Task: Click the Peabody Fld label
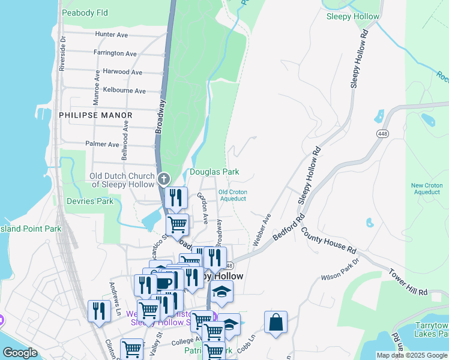tap(85, 12)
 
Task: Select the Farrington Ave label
tap(115, 53)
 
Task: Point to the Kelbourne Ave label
tap(124, 91)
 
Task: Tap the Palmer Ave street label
tap(102, 145)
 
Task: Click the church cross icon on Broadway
tap(163, 179)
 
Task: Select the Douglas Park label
tap(214, 172)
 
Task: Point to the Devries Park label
tap(89, 201)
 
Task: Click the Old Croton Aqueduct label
tap(233, 195)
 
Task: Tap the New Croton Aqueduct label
tap(426, 189)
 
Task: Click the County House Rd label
tap(329, 239)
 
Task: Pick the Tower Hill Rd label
tap(407, 282)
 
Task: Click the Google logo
tap(20, 353)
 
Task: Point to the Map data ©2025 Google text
tap(411, 355)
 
